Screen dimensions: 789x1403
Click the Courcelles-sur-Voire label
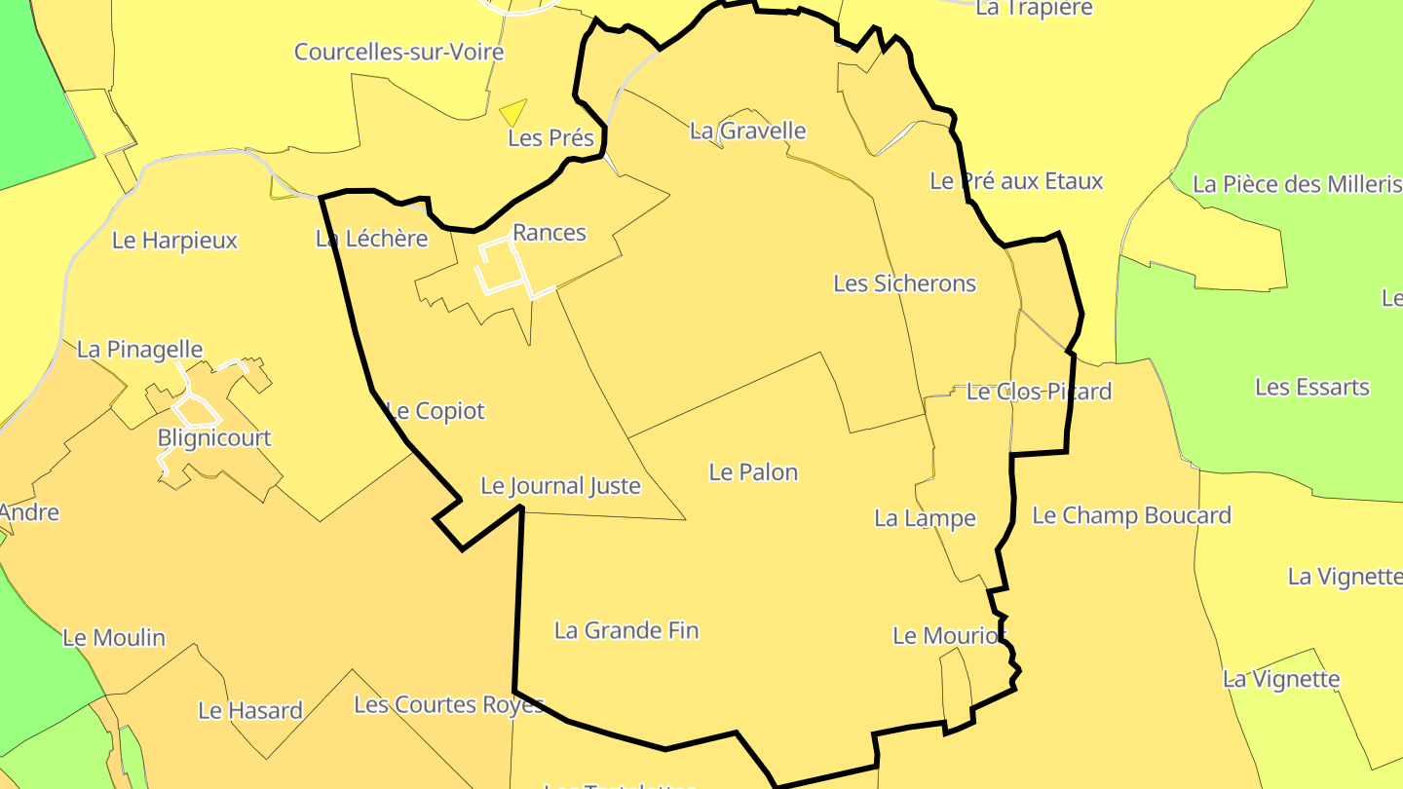399,52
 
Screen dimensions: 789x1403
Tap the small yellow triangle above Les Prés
512,111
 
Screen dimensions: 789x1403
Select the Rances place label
550,232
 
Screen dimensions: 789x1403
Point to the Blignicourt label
214,437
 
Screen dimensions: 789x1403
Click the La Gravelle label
747,131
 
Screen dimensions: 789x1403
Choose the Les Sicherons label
904,283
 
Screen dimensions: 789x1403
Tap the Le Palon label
753,472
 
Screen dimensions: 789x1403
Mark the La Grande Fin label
626,630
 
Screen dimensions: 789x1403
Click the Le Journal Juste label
560,486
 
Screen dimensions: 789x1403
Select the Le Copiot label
435,411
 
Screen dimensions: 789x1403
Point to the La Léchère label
371,238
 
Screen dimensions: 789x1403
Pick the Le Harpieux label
174,240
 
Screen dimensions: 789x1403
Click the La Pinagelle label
139,349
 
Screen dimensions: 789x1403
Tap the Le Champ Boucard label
1131,515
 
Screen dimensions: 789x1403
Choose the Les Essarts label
1311,387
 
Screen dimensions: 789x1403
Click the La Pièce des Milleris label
1296,184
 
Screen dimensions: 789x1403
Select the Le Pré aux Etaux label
1016,180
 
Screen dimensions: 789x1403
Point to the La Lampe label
925,518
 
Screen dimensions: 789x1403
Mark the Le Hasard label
250,710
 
